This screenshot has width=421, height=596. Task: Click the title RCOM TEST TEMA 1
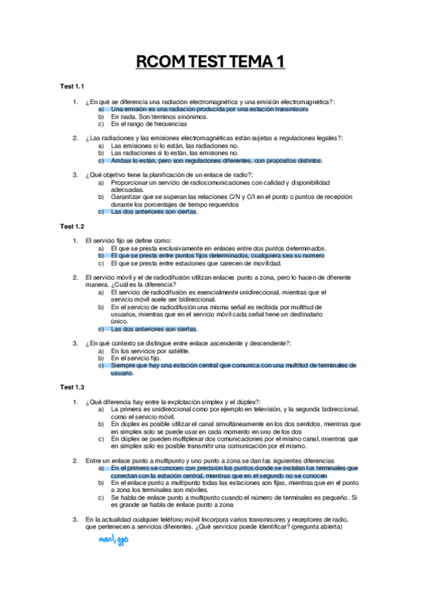[x=210, y=63]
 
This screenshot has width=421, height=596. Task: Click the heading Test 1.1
[x=72, y=86]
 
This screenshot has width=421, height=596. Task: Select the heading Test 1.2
[x=72, y=226]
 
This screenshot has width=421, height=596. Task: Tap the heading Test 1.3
[x=72, y=387]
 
